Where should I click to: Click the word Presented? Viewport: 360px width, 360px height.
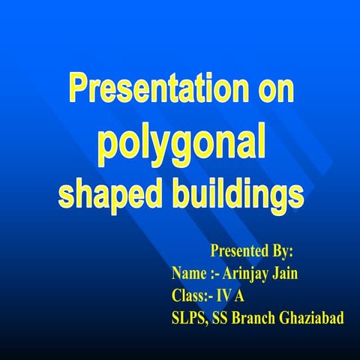point(238,250)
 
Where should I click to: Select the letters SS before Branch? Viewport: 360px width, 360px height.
point(220,319)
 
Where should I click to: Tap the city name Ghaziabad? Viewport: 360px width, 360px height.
point(313,319)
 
